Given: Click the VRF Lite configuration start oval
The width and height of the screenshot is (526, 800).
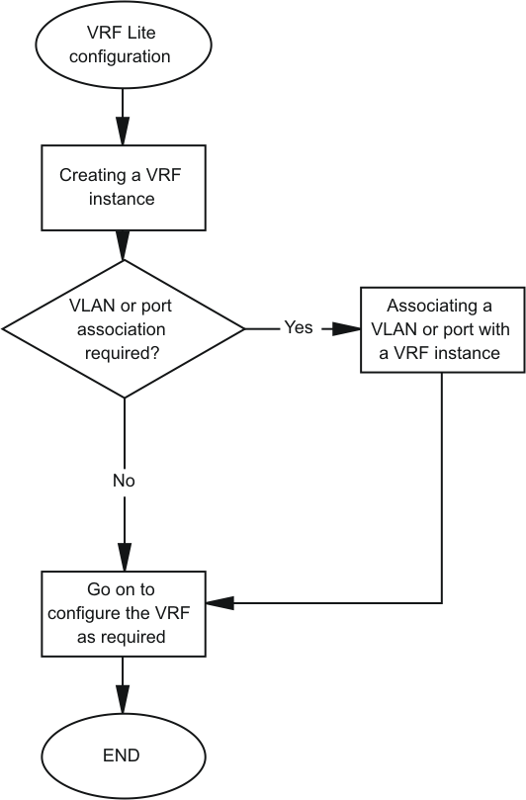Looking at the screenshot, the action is pos(123,44).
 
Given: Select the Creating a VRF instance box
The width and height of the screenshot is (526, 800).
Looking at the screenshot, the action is pos(124,188).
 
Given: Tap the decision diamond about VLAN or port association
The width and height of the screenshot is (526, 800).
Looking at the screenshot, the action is pos(124,329).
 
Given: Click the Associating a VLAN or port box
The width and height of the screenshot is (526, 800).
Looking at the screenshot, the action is pos(443,329).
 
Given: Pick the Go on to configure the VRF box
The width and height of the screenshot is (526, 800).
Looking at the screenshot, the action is pos(124,614).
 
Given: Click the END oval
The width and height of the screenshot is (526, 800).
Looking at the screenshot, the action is pos(123,756).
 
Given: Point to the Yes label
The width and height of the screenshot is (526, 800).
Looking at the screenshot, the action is pos(299,327).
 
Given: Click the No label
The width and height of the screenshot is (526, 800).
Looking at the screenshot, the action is pos(124,481).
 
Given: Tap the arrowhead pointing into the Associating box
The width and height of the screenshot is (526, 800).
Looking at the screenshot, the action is pos(347,329).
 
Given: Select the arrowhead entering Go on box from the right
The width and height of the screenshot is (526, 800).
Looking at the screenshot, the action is pos(219,602).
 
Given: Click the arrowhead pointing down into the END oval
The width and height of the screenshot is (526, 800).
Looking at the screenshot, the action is pos(123,699).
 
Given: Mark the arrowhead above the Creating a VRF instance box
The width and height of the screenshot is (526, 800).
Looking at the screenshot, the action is pos(123,132).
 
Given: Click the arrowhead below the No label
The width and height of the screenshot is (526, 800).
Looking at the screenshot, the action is pos(125,557).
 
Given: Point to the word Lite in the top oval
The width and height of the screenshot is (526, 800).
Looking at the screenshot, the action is pos(140,33).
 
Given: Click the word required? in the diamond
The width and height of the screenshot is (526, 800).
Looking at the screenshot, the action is pos(122,353).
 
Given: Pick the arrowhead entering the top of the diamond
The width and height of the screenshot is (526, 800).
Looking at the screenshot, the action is pos(124,246).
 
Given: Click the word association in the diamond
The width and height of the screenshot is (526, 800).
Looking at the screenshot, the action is pos(122,329).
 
